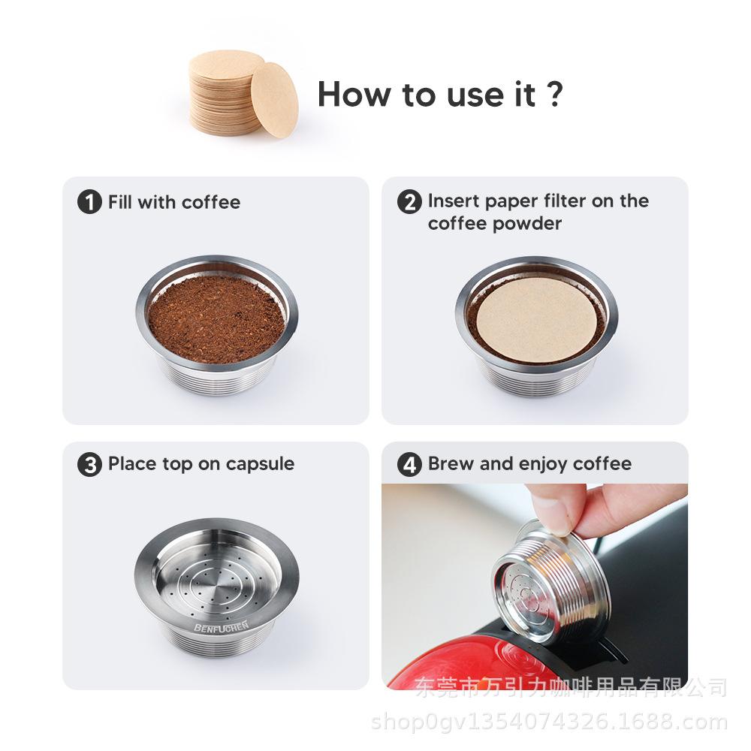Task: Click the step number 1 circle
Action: click(89, 201)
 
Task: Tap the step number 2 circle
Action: click(409, 201)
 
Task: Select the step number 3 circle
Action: click(89, 465)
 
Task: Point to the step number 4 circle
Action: click(409, 465)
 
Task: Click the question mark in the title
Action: click(555, 94)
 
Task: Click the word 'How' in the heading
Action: click(354, 94)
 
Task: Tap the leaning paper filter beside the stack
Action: click(274, 100)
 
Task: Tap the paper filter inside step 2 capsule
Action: click(536, 318)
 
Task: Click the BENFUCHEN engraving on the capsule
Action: click(222, 626)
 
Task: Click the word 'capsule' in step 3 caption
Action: click(260, 464)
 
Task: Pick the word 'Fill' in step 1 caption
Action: click(120, 201)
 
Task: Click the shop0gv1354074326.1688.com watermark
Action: click(549, 722)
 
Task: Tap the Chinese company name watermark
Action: click(571, 688)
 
